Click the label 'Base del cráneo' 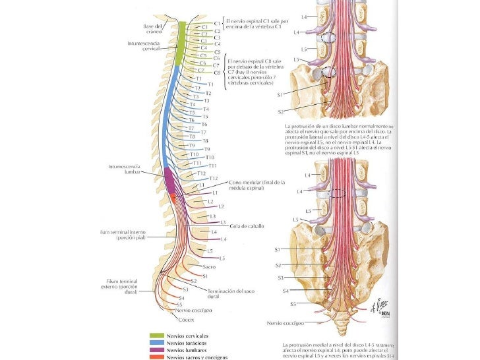pyautogui.click(x=153, y=29)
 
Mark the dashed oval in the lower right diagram pyautogui.click(x=340, y=194)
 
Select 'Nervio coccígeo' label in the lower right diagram pyautogui.click(x=285, y=324)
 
